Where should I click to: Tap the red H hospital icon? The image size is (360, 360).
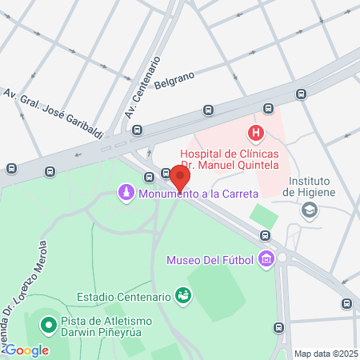tap(255, 134)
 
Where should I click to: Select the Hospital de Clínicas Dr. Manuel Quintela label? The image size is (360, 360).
tap(230, 158)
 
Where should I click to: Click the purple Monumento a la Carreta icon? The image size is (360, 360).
tap(126, 193)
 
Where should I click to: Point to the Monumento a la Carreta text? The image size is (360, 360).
tap(198, 194)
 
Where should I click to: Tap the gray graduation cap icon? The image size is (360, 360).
tap(309, 210)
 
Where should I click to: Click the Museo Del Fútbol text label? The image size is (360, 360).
tap(210, 260)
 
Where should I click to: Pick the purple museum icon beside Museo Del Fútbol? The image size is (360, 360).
tap(266, 259)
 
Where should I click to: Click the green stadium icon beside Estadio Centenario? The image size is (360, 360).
tap(183, 297)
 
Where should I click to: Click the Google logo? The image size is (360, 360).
tap(26, 350)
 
